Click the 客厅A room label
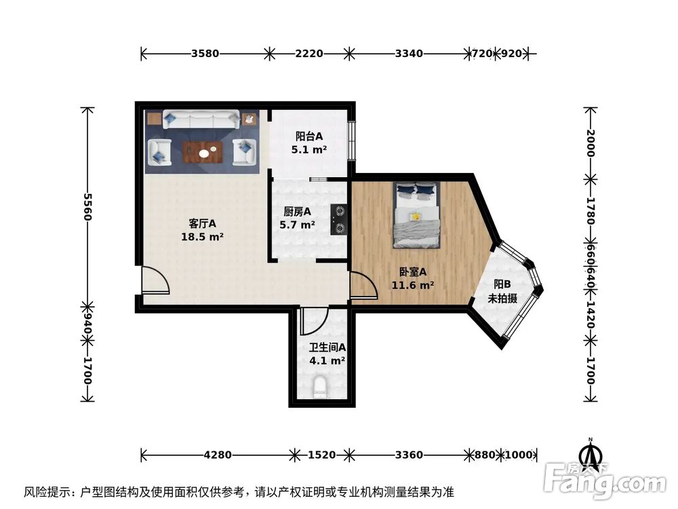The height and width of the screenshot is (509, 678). coord(202,229)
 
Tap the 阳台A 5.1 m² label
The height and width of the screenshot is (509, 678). coord(309,143)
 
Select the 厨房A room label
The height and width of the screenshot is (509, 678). coord(298,217)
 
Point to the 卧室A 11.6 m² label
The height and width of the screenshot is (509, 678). coord(412,278)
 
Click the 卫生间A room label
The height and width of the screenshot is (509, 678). coord(327,354)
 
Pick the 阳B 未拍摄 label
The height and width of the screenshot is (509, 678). coord(502,291)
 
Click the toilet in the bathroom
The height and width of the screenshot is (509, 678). coord(321,389)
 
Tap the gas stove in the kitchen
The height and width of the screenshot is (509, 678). coord(340,219)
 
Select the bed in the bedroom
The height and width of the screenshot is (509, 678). coord(416,214)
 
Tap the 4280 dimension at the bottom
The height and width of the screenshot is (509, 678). coord(218,455)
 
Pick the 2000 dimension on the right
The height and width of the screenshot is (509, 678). coord(591,143)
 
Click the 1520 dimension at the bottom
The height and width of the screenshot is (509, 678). coord(321,455)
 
